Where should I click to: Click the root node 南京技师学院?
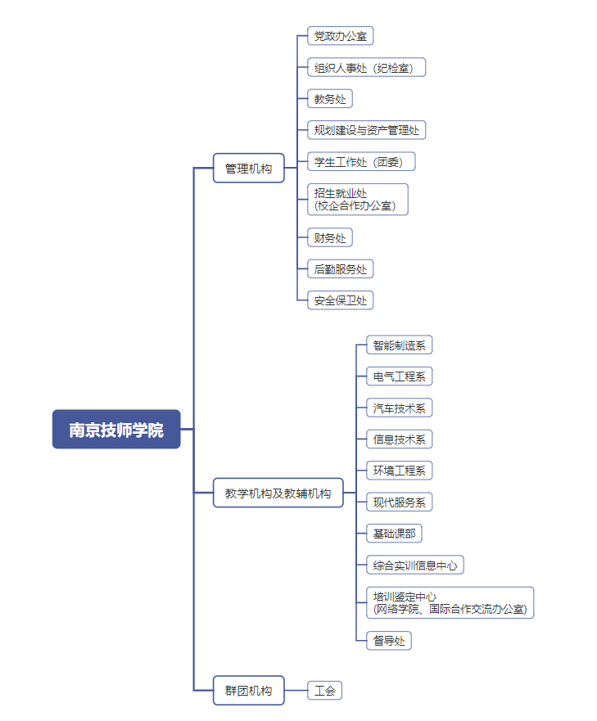pos(116,429)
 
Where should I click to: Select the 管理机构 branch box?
pos(248,169)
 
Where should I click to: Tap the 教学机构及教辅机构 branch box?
pos(278,493)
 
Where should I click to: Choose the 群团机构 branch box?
pos(248,690)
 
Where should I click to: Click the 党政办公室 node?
pos(341,36)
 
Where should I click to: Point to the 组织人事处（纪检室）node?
pos(367,67)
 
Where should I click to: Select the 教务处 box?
pos(330,99)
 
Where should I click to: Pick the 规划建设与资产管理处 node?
pos(367,130)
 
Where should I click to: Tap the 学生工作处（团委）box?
pos(361,161)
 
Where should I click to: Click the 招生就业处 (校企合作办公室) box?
pos(358,199)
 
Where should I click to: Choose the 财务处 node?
pos(330,238)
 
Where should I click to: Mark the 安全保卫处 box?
pos(341,300)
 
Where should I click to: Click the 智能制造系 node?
pos(399,345)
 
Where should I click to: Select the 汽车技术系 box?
pos(399,408)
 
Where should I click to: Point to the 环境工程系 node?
pos(399,471)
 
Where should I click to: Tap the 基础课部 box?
pos(394,534)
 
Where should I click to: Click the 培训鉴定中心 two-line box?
pos(450,603)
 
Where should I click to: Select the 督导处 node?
pos(389,641)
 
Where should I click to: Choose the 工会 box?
pos(324,691)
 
